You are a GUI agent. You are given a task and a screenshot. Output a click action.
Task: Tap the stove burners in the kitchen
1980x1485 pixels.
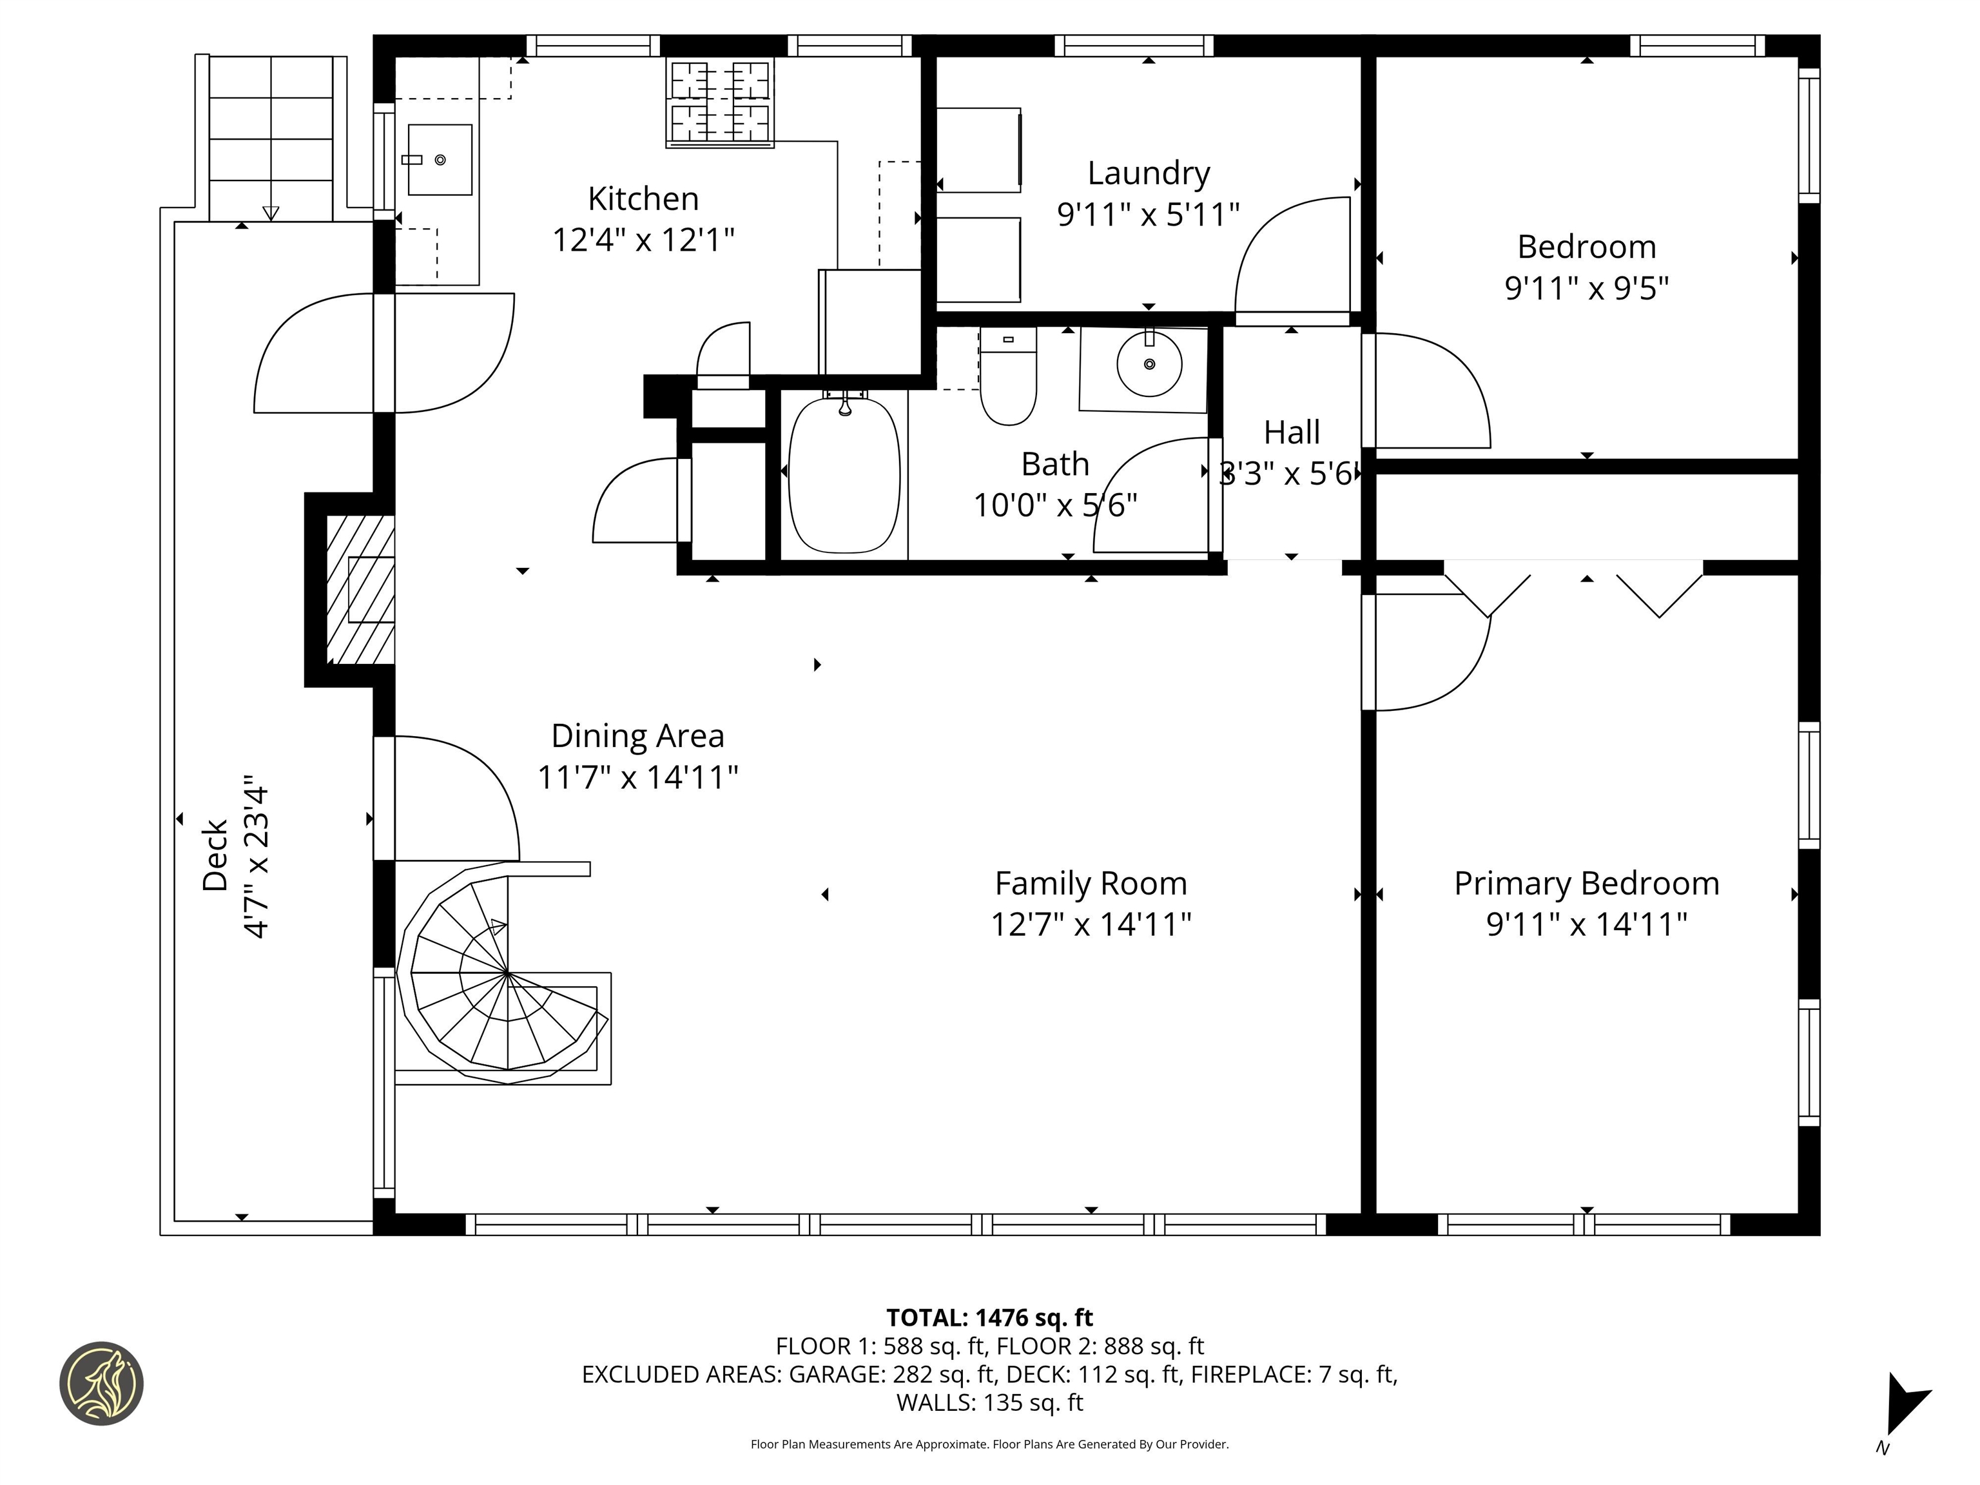(720, 102)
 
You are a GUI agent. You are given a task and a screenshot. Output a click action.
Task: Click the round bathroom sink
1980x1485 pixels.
(1149, 364)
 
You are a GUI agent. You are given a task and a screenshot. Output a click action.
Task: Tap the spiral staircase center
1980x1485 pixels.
(507, 972)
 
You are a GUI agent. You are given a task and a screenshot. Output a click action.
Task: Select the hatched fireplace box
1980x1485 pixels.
(360, 590)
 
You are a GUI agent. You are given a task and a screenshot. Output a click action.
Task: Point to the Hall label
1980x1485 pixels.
(1292, 432)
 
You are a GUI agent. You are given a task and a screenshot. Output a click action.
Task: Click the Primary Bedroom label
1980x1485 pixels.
(1586, 884)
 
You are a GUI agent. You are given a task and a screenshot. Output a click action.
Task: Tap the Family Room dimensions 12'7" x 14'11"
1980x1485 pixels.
(1091, 924)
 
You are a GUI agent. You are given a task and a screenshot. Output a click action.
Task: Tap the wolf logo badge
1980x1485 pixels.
(101, 1383)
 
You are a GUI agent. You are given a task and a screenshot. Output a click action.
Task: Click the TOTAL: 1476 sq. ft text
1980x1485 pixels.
(989, 1317)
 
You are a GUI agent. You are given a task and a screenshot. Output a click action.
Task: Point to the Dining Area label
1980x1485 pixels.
(637, 736)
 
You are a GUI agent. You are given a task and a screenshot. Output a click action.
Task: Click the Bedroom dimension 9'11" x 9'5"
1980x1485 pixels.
(1586, 288)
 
